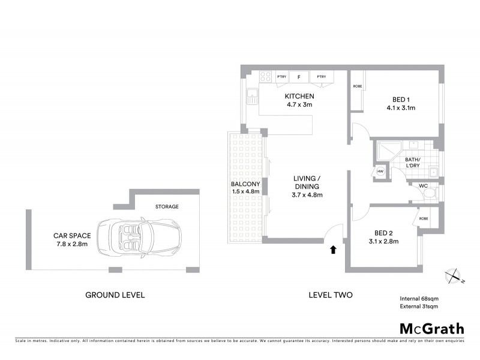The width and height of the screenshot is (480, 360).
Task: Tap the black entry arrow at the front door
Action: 332,248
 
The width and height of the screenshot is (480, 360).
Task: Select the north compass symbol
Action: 453,275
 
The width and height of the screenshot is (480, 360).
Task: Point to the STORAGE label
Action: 167,206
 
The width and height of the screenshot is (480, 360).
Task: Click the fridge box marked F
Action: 299,77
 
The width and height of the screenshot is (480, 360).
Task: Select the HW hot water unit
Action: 380,172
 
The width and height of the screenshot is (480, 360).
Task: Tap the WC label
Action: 422,186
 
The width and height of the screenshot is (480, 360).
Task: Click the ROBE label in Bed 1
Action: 358,86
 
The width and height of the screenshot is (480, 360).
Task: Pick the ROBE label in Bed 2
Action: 423,218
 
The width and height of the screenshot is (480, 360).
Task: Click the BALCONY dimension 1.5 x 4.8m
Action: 245,191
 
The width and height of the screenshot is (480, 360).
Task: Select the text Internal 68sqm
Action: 419,298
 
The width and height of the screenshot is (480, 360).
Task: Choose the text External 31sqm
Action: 419,307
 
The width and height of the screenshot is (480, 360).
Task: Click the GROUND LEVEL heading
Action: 115,295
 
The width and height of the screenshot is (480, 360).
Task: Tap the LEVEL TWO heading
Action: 330,295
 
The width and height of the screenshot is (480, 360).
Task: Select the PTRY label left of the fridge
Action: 281,77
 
